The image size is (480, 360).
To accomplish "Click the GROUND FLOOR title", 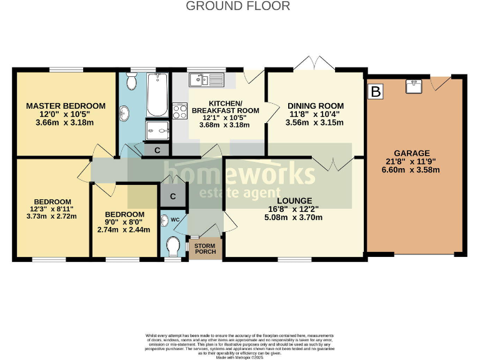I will [238, 6].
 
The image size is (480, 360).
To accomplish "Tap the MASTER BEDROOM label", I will [66, 106].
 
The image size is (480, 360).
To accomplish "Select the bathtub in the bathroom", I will [157, 94].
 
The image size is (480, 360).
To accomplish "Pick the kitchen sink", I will [207, 79].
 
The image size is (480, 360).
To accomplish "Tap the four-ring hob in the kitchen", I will [180, 111].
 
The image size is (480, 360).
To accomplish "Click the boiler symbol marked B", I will [376, 92].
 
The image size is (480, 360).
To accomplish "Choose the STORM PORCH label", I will [204, 248].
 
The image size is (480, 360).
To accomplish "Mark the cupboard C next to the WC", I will [173, 196].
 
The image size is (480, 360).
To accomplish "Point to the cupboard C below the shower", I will [157, 150].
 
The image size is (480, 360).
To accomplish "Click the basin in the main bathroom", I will [124, 114].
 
